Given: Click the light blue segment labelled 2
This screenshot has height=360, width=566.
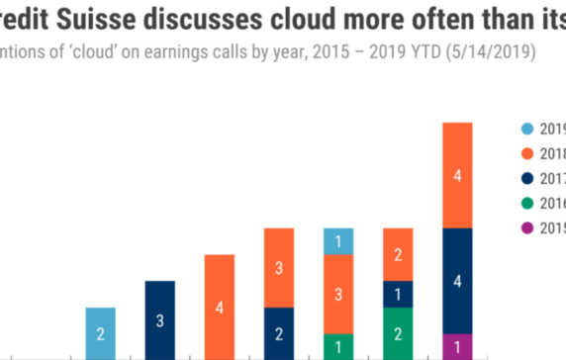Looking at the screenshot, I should [x=100, y=333].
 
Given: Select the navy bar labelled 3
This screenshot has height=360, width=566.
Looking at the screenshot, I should [x=159, y=320].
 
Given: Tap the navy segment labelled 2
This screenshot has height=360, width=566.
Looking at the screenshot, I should [x=278, y=333].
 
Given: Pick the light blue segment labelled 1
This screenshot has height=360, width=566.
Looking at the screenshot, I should [x=337, y=241].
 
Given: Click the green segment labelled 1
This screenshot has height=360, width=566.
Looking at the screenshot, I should [x=337, y=346].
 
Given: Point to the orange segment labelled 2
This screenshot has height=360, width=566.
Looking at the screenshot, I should [x=397, y=254].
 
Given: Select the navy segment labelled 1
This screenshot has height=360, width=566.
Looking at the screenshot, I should [x=397, y=294].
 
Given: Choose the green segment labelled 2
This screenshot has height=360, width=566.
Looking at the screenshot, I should [x=397, y=333].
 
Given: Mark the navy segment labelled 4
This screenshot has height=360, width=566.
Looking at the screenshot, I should [x=456, y=281].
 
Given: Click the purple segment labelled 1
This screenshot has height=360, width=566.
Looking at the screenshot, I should [x=456, y=346].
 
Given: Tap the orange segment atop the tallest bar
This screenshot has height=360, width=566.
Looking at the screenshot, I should [x=456, y=175].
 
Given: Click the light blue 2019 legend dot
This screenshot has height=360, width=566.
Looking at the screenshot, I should [x=526, y=129].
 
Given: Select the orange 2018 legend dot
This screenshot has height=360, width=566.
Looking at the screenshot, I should [x=526, y=153].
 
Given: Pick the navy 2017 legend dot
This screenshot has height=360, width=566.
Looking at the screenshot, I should [x=526, y=178].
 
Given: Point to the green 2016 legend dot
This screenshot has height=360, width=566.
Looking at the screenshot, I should [x=526, y=203].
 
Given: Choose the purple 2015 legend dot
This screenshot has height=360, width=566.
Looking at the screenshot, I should [x=526, y=227].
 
